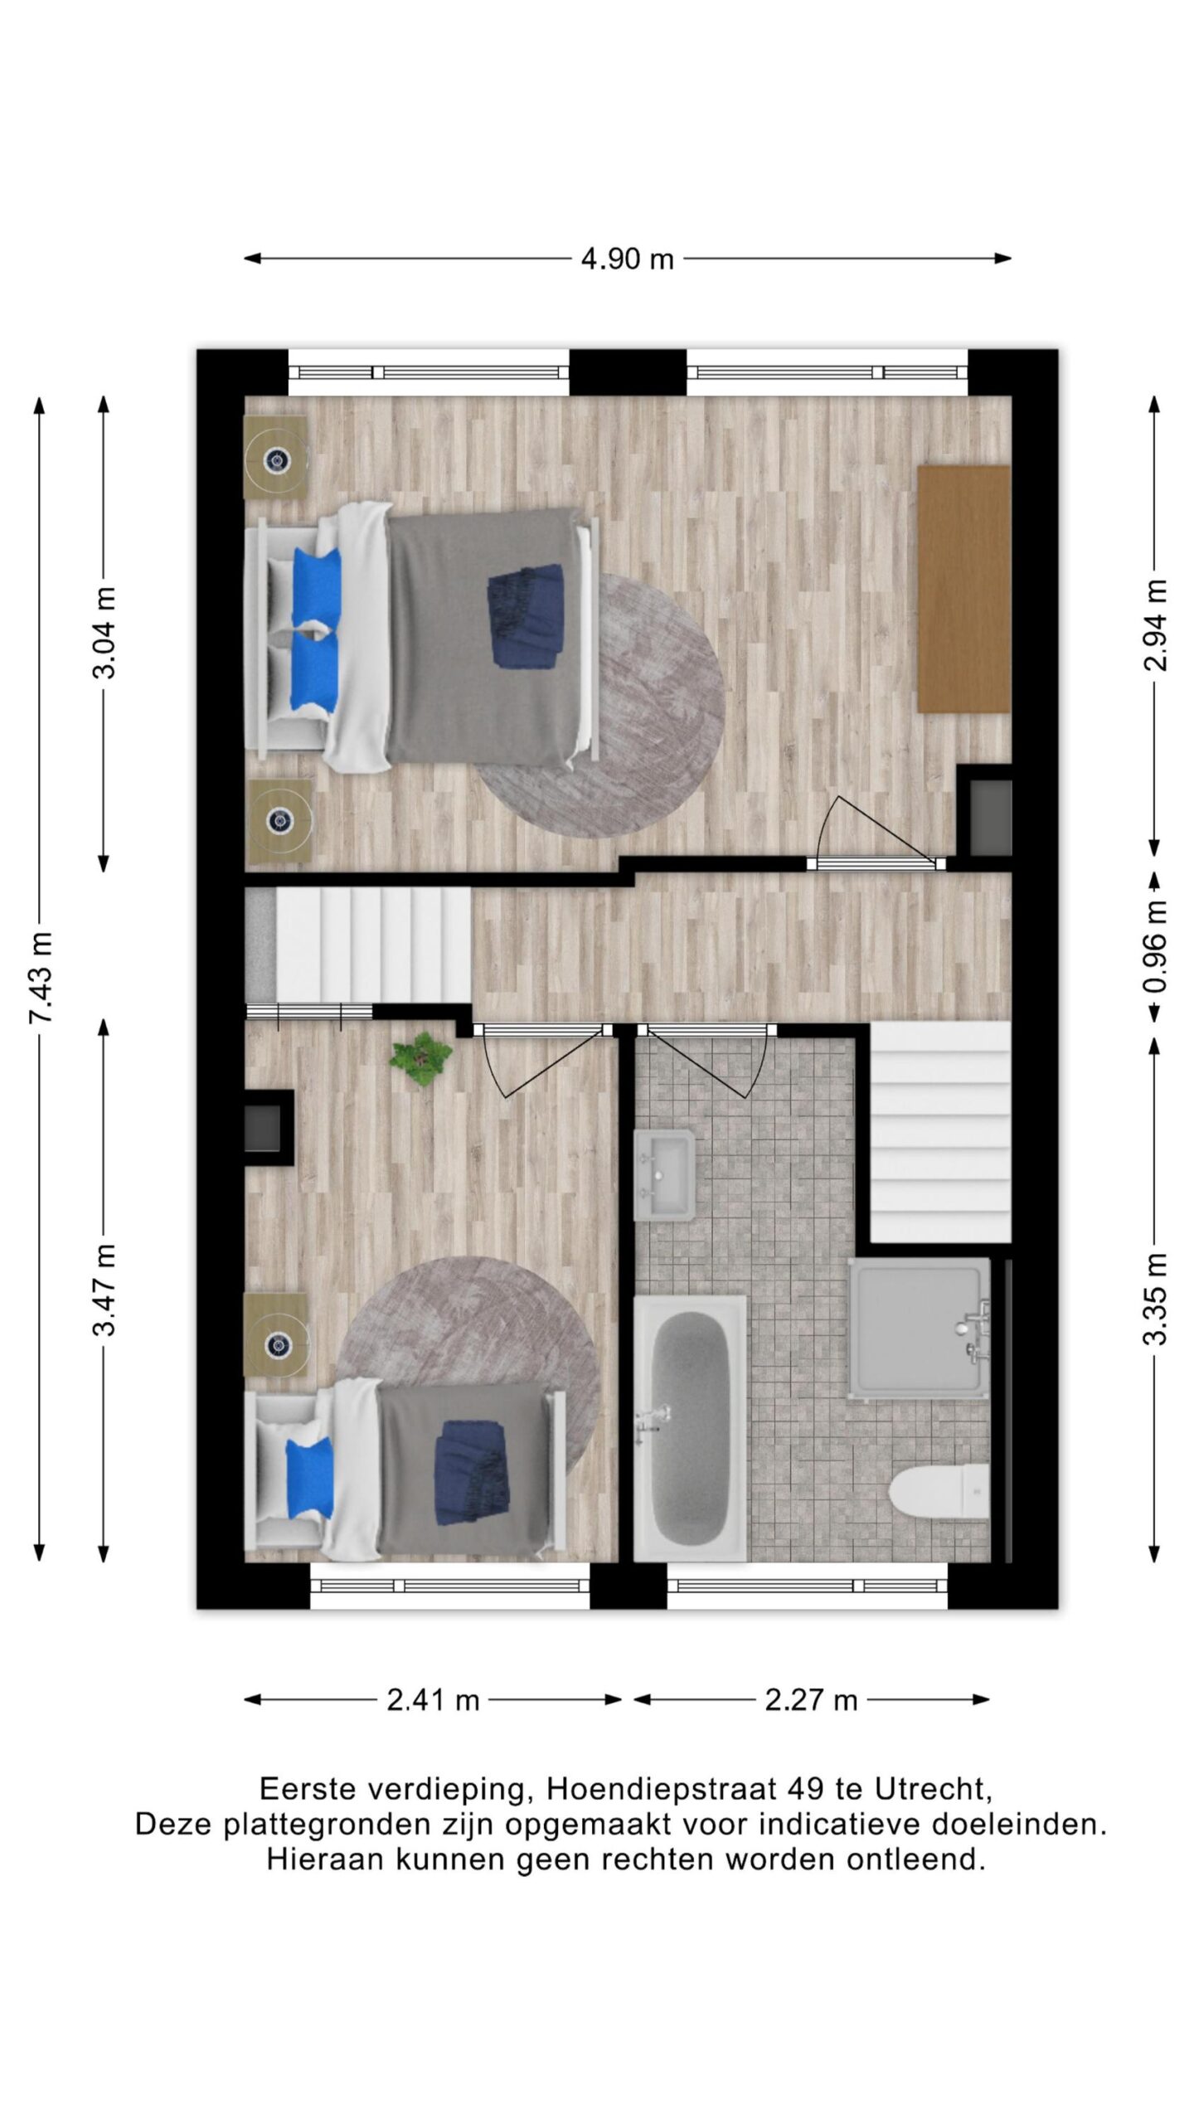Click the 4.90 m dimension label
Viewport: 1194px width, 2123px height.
pos(627,260)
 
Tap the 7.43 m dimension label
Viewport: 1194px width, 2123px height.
pos(41,977)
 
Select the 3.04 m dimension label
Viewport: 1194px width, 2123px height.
pos(104,634)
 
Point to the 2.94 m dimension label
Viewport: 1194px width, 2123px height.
pos(1155,624)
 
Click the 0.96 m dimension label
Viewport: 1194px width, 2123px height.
pos(1155,947)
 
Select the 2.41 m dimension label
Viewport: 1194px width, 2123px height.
pos(433,1700)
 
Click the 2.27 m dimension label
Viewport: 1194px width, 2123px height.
pos(810,1700)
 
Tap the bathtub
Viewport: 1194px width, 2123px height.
pos(690,1428)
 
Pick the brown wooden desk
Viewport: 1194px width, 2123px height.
pos(963,589)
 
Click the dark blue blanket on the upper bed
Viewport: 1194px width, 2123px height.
pos(526,615)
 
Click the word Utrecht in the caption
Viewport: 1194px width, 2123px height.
pos(934,1789)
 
